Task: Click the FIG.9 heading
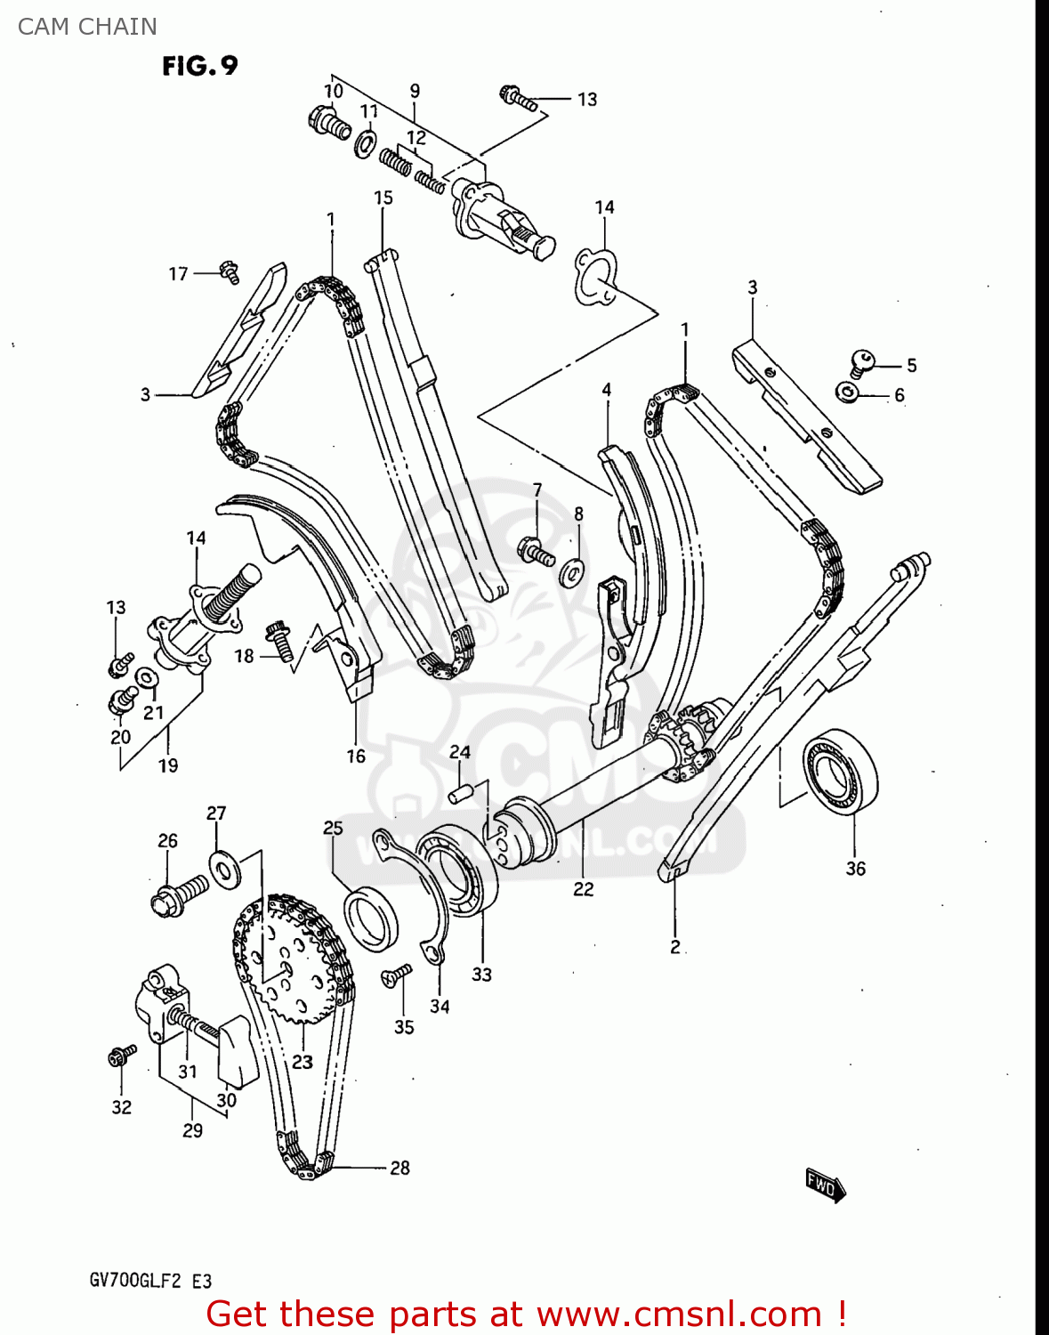click(x=200, y=66)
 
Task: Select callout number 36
click(x=855, y=869)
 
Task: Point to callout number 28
click(x=400, y=1168)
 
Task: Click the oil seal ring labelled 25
click(x=370, y=918)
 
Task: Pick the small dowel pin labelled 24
click(x=460, y=791)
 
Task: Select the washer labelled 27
click(x=223, y=869)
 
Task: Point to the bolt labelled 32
click(x=121, y=1056)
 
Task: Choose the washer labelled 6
click(x=848, y=392)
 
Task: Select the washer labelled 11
click(x=365, y=144)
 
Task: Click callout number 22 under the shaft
click(x=583, y=888)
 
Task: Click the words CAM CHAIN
click(x=87, y=27)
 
